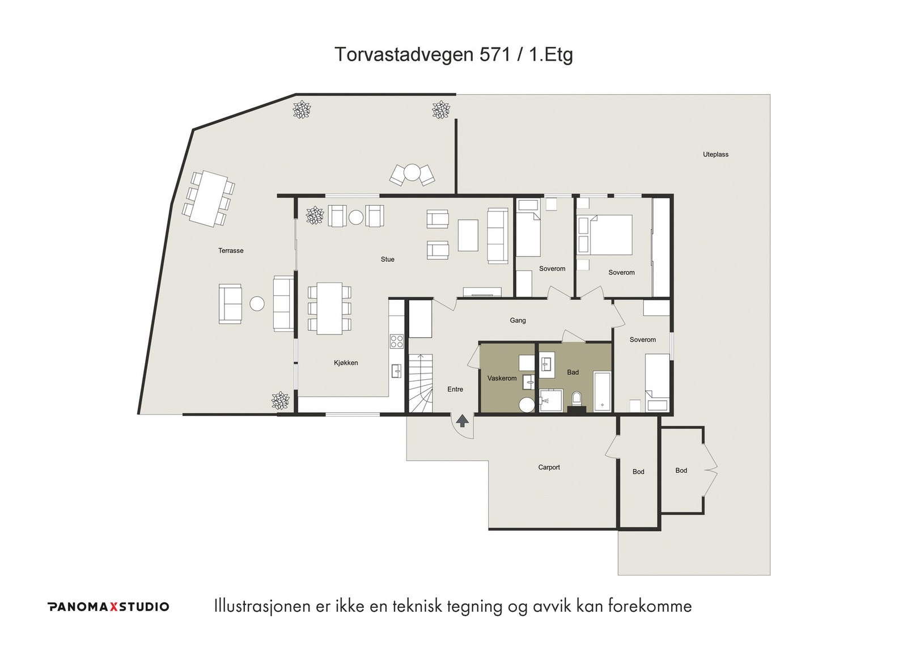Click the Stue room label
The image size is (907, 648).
tap(387, 259)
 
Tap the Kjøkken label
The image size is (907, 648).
tap(346, 363)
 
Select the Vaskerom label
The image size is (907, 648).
tap(502, 378)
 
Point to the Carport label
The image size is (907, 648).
tap(549, 467)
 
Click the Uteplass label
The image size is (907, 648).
tap(715, 154)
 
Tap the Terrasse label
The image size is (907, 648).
tap(231, 251)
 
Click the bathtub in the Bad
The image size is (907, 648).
tap(602, 392)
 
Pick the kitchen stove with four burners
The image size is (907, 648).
tap(396, 341)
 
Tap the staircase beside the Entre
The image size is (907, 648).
tap(421, 383)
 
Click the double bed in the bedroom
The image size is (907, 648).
tap(605, 235)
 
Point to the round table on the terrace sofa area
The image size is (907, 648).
tap(257, 304)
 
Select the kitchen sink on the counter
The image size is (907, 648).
tap(396, 371)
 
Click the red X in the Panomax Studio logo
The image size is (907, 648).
tap(114, 607)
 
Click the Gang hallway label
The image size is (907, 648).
tap(518, 320)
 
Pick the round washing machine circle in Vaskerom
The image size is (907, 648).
tap(527, 405)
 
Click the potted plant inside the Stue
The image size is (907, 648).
tap(315, 215)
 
